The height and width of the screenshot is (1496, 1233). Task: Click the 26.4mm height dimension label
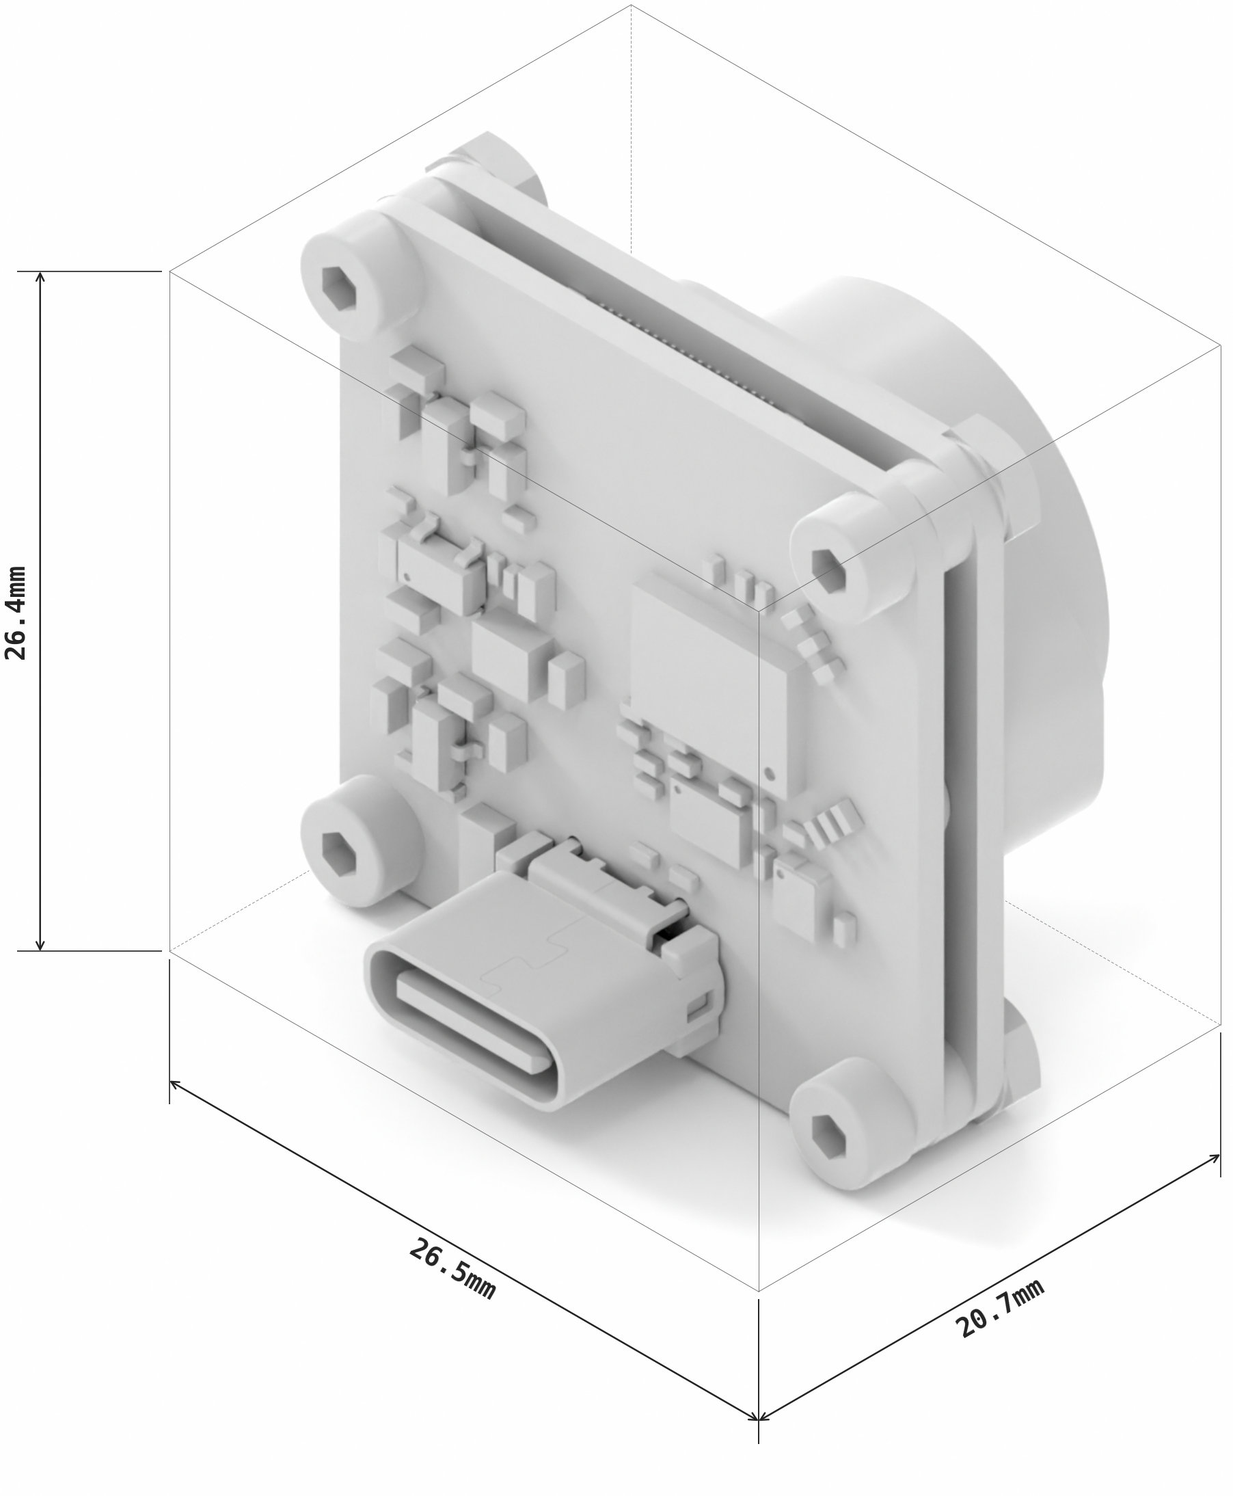click(x=16, y=613)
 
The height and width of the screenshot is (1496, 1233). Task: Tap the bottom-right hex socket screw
click(x=828, y=1132)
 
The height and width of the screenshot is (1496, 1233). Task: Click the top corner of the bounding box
click(x=631, y=5)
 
